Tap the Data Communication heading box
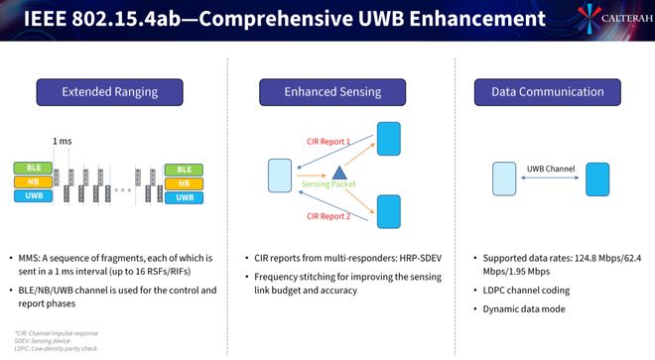point(547,92)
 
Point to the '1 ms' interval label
point(63,142)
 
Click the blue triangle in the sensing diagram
point(324,172)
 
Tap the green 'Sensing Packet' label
point(327,185)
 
